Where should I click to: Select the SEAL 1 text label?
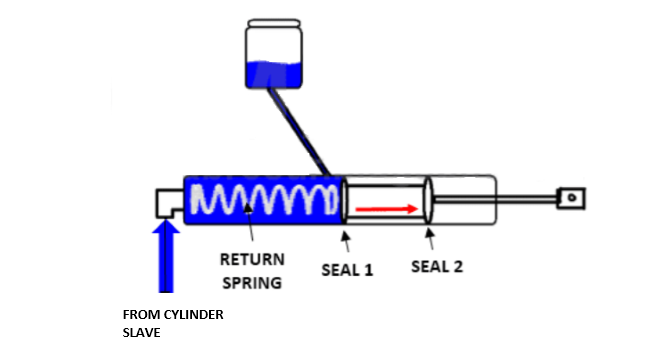[x=347, y=269]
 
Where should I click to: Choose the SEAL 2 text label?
[x=438, y=267]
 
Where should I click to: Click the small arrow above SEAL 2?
[x=430, y=238]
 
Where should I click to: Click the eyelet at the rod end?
[x=570, y=199]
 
